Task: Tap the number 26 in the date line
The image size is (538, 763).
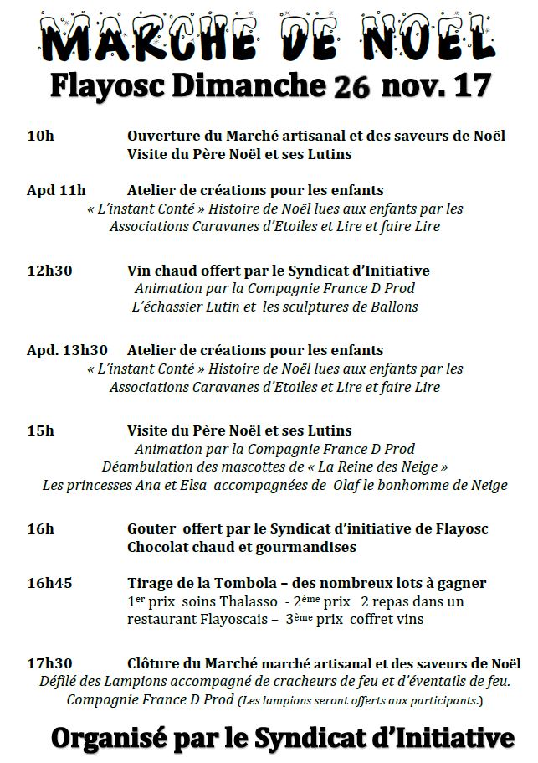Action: pyautogui.click(x=352, y=87)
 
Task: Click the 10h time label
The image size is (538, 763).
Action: pyautogui.click(x=40, y=136)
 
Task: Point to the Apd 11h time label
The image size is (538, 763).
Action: pyautogui.click(x=56, y=190)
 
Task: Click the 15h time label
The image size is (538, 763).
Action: pyautogui.click(x=40, y=430)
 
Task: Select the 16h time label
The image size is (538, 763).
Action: pyautogui.click(x=40, y=528)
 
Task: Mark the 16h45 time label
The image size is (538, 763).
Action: pyautogui.click(x=49, y=583)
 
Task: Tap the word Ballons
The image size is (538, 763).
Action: pyautogui.click(x=394, y=307)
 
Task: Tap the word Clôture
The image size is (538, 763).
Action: pyautogui.click(x=153, y=662)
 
